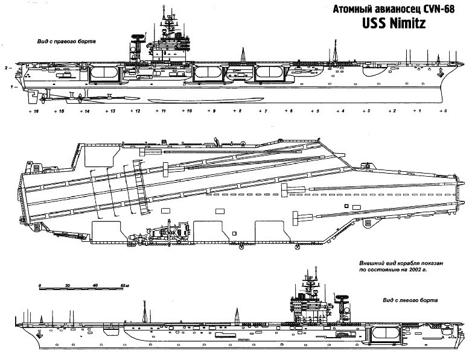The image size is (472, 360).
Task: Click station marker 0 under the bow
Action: (x=444, y=112)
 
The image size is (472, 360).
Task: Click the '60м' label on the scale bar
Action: (x=124, y=285)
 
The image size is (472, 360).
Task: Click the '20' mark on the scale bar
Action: (x=68, y=285)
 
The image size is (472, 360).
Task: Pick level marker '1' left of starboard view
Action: (x=11, y=87)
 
